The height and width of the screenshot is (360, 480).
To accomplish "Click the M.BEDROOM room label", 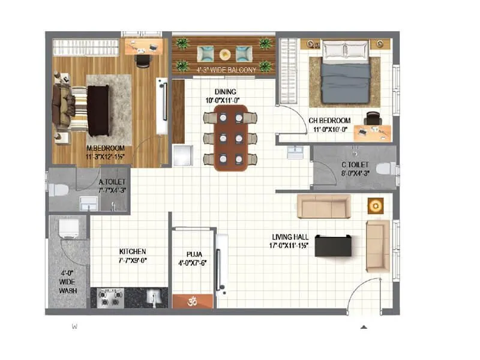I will (104, 148).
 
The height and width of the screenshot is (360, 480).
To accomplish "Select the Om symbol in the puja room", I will (193, 301).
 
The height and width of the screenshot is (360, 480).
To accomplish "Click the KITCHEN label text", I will (133, 251).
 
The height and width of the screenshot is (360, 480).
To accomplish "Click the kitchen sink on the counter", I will (154, 296).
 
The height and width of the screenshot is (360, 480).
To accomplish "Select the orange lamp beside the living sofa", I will (376, 206).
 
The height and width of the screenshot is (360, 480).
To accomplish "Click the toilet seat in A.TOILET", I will (59, 190).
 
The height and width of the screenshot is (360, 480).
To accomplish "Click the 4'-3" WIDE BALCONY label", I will (226, 70).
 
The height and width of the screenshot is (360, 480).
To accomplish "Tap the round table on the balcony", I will (224, 54).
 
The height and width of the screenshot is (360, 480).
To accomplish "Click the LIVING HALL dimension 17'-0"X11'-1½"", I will (290, 246).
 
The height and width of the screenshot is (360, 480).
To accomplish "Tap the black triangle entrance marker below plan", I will (363, 327).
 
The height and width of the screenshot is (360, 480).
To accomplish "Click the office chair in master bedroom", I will (142, 60).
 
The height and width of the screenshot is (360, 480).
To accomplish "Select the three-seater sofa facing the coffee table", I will (324, 206).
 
